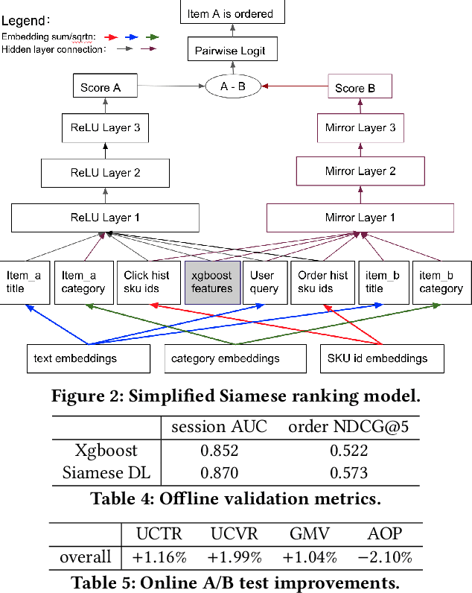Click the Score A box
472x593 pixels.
click(x=105, y=87)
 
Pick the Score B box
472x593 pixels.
click(x=360, y=88)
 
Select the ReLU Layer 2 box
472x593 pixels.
click(x=105, y=172)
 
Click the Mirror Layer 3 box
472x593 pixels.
click(x=360, y=127)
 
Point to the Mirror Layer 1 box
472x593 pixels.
click(x=360, y=218)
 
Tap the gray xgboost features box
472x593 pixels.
click(x=212, y=282)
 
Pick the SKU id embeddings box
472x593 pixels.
click(x=382, y=358)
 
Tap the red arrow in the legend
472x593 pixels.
click(x=112, y=36)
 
